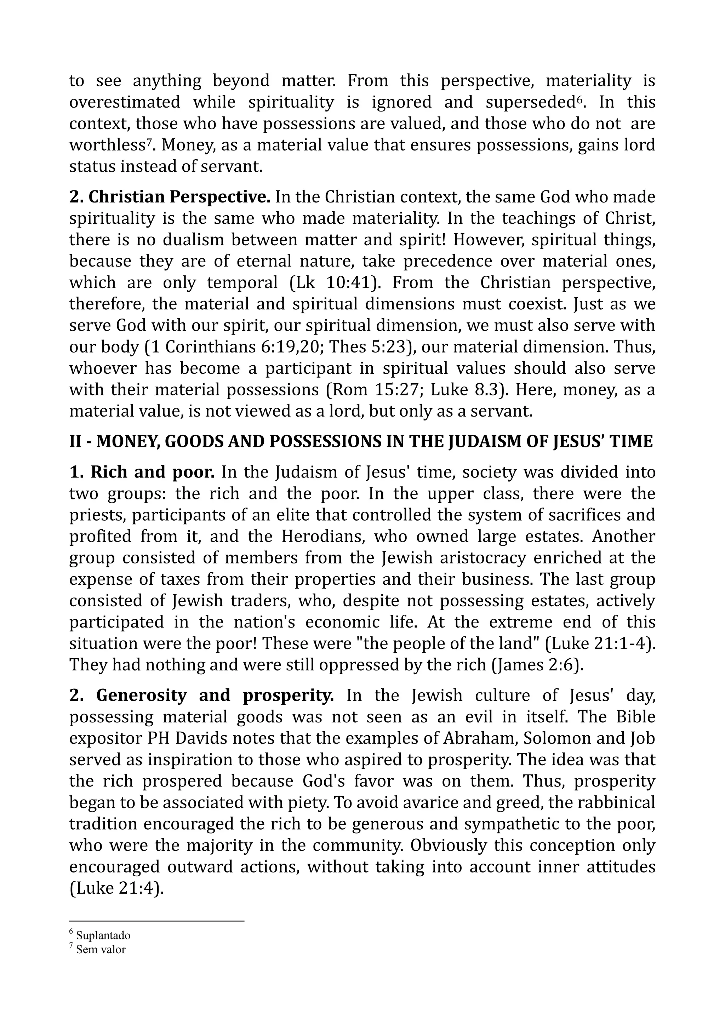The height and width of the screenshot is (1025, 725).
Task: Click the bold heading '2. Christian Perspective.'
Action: [170, 197]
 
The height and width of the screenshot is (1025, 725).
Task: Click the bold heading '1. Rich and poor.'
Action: [142, 472]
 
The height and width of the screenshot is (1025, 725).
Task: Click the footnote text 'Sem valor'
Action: [101, 949]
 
